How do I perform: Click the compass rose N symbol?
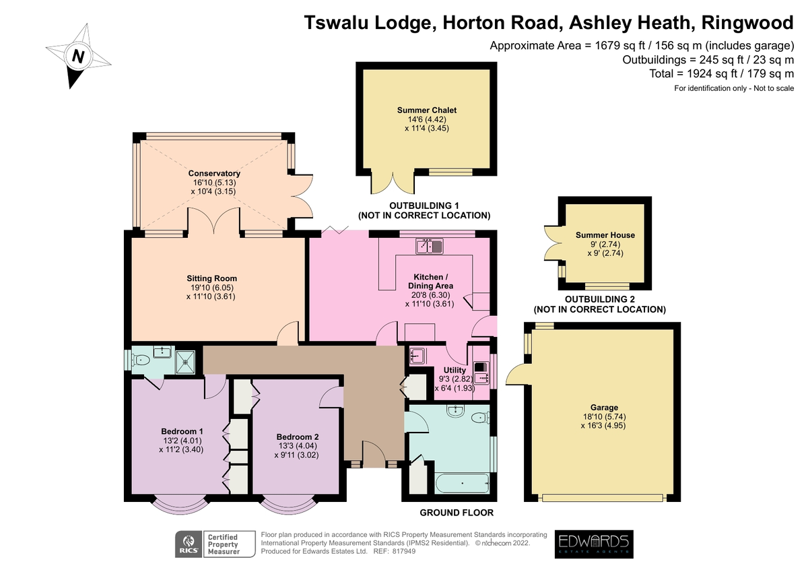78,57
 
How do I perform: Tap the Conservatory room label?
214,174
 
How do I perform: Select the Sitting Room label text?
211,278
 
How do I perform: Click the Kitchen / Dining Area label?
429,282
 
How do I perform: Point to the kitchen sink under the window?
428,247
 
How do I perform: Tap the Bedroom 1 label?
182,431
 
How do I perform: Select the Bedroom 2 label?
296,437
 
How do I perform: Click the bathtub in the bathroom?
463,482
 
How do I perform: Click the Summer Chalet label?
422,110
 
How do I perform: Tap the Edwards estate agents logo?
593,544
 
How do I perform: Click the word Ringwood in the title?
747,23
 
